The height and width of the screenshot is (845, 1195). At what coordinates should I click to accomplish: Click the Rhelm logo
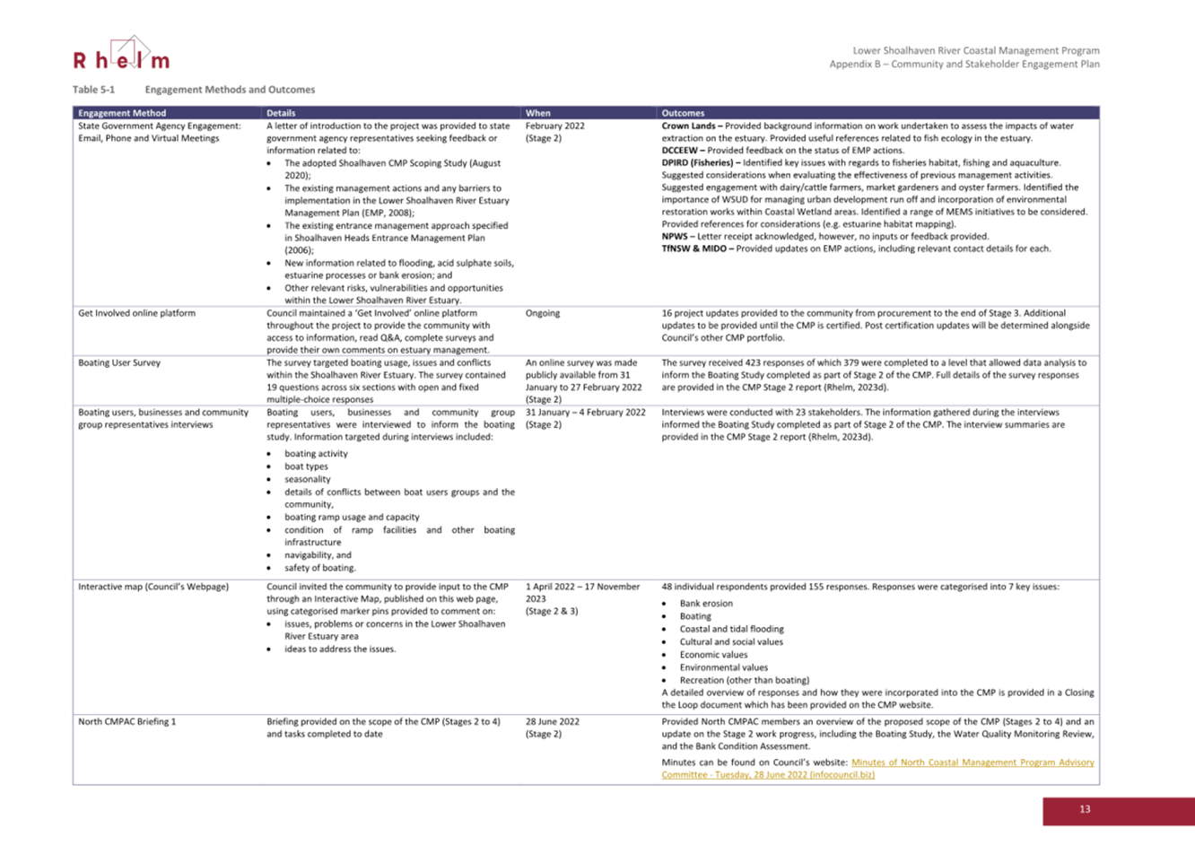click(121, 56)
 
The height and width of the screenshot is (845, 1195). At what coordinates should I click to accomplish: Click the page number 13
click(1085, 809)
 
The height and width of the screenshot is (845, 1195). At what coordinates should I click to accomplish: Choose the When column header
click(538, 113)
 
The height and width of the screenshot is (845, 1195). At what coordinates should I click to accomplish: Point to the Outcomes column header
click(683, 113)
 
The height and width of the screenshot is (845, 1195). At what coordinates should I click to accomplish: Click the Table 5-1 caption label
click(94, 90)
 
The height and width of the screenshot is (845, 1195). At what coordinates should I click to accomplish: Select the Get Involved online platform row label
click(136, 313)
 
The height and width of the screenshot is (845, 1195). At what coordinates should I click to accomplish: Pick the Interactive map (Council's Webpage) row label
click(153, 587)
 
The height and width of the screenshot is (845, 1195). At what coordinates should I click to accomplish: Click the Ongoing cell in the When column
click(543, 313)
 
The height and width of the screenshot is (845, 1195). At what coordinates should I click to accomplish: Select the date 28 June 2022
click(553, 721)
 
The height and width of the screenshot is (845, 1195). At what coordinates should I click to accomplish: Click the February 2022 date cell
click(555, 126)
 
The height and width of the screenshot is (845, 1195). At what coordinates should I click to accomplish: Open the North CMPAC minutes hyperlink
click(877, 768)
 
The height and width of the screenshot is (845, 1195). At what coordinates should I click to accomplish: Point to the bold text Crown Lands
click(688, 126)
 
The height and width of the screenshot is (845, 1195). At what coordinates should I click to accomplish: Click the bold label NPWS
click(676, 237)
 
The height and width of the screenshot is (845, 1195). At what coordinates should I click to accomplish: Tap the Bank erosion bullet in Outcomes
click(706, 604)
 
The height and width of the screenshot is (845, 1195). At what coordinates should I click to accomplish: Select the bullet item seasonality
click(308, 479)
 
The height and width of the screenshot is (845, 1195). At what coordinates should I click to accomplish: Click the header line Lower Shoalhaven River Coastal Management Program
click(976, 50)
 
